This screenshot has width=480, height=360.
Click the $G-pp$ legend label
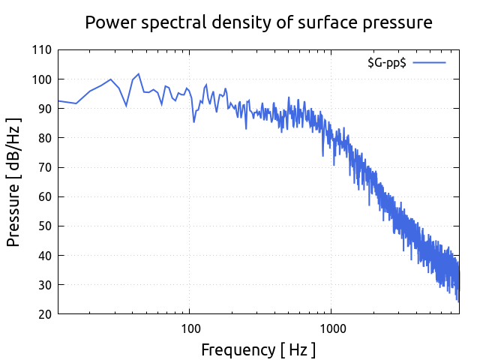pos(387,63)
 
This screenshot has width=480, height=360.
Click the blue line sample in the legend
pos(429,63)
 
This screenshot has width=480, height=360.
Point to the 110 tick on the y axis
pos(42,50)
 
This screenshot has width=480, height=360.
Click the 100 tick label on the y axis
pos(42,79)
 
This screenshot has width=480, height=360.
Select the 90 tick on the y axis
pos(45,109)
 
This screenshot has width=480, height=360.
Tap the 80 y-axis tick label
pos(45,138)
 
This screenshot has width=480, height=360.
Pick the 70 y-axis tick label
pos(45,167)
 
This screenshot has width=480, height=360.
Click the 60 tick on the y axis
pos(45,196)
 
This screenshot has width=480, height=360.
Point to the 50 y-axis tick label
pos(45,226)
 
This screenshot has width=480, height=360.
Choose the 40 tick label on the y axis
pos(45,255)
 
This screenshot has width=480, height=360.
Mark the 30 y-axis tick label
pos(45,284)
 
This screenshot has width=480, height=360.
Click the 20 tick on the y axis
pos(45,313)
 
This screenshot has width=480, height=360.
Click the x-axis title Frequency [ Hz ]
pos(258,349)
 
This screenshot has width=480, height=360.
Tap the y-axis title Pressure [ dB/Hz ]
pos(13,181)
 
